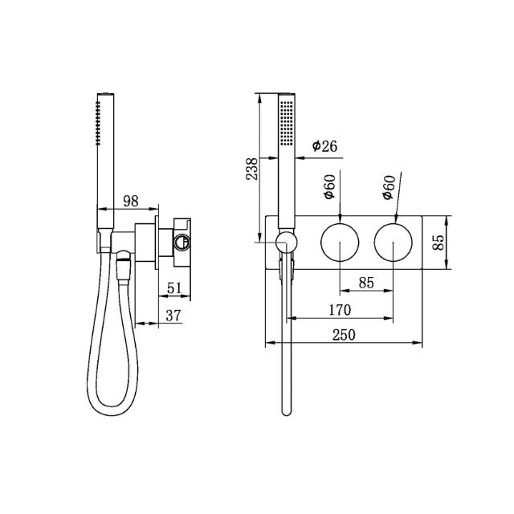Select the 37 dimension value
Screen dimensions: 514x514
173,316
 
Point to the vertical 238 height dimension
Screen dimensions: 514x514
252,170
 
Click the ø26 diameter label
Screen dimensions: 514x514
325,146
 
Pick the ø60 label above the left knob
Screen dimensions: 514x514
329,186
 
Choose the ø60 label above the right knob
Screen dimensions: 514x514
388,186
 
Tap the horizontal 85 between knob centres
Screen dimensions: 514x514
365,283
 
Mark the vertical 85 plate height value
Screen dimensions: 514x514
439,242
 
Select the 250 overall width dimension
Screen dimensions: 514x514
343,335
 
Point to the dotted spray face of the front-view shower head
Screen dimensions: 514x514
286,120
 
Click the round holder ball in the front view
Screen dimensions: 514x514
284,241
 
